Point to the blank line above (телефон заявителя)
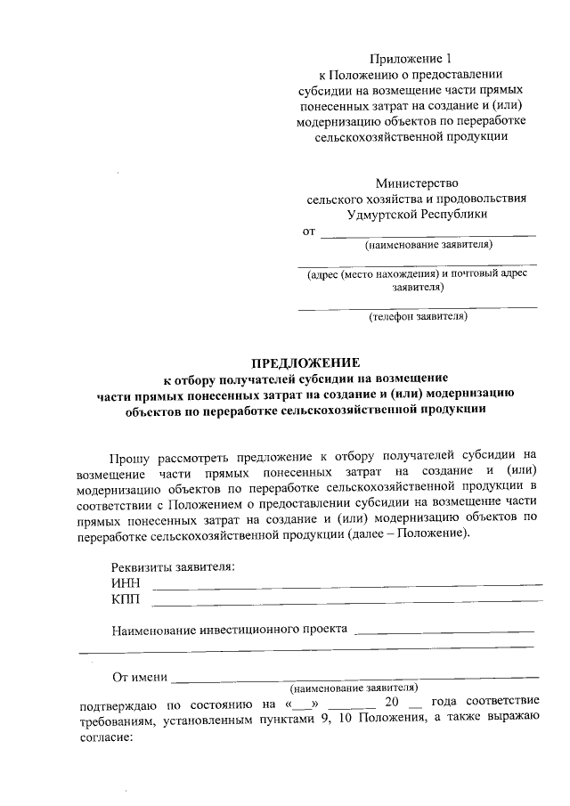click(418, 306)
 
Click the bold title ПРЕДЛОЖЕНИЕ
click(305, 363)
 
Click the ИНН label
click(126, 583)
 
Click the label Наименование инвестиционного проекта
click(229, 631)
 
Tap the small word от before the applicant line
click(309, 232)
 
